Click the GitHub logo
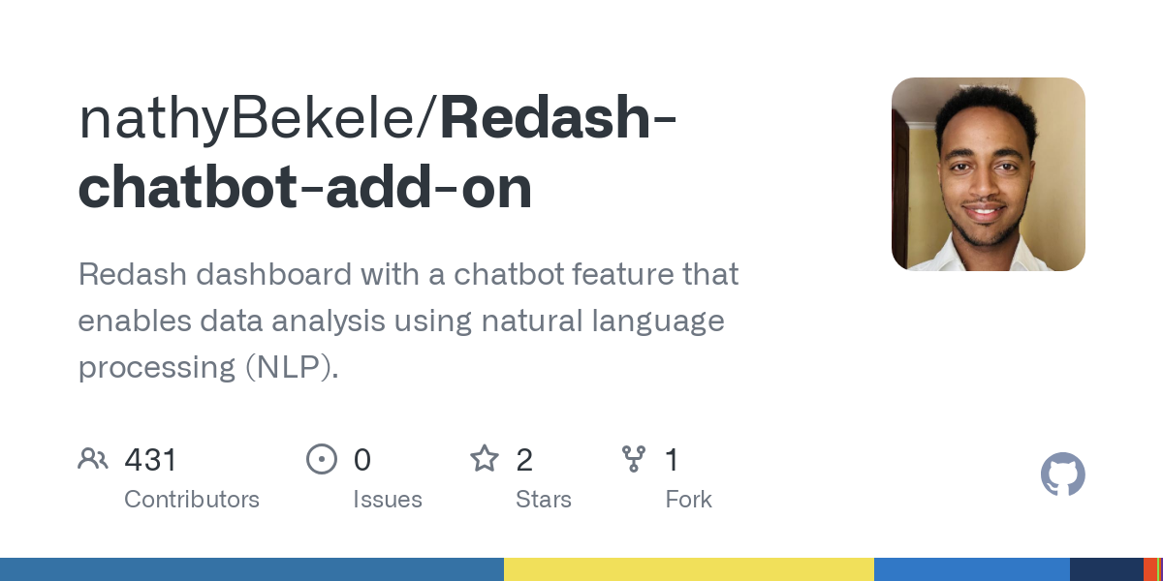coord(1062,474)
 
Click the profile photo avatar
coord(988,174)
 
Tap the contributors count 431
coord(151,460)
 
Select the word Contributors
coord(192,500)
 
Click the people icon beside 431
coord(93,459)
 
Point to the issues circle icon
coord(321,459)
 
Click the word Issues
coord(388,500)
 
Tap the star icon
coord(485,458)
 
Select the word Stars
coord(544,500)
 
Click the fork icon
coord(634,459)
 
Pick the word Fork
coord(689,500)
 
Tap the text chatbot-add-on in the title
coord(305,188)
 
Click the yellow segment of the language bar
coord(688,569)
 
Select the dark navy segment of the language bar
coord(1106,569)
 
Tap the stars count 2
coord(524,460)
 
